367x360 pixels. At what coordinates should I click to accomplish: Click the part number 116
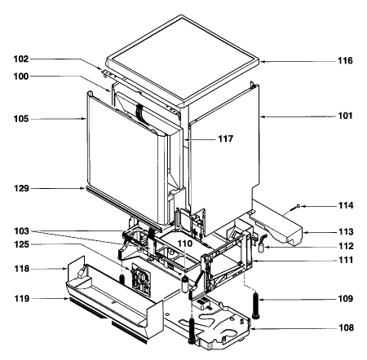coord(345,60)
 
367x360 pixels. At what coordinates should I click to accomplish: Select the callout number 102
coord(21,59)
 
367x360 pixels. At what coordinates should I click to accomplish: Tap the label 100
coord(21,77)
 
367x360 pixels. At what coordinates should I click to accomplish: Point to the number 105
coord(21,119)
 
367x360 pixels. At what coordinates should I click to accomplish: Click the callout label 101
coord(345,116)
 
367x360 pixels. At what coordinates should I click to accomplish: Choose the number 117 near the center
coord(226,139)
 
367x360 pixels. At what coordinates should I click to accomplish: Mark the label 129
coord(21,188)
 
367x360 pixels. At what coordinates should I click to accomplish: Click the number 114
coord(346,205)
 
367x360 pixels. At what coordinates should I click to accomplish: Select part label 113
coord(346,232)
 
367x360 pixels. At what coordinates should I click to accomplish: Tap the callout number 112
coord(346,246)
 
